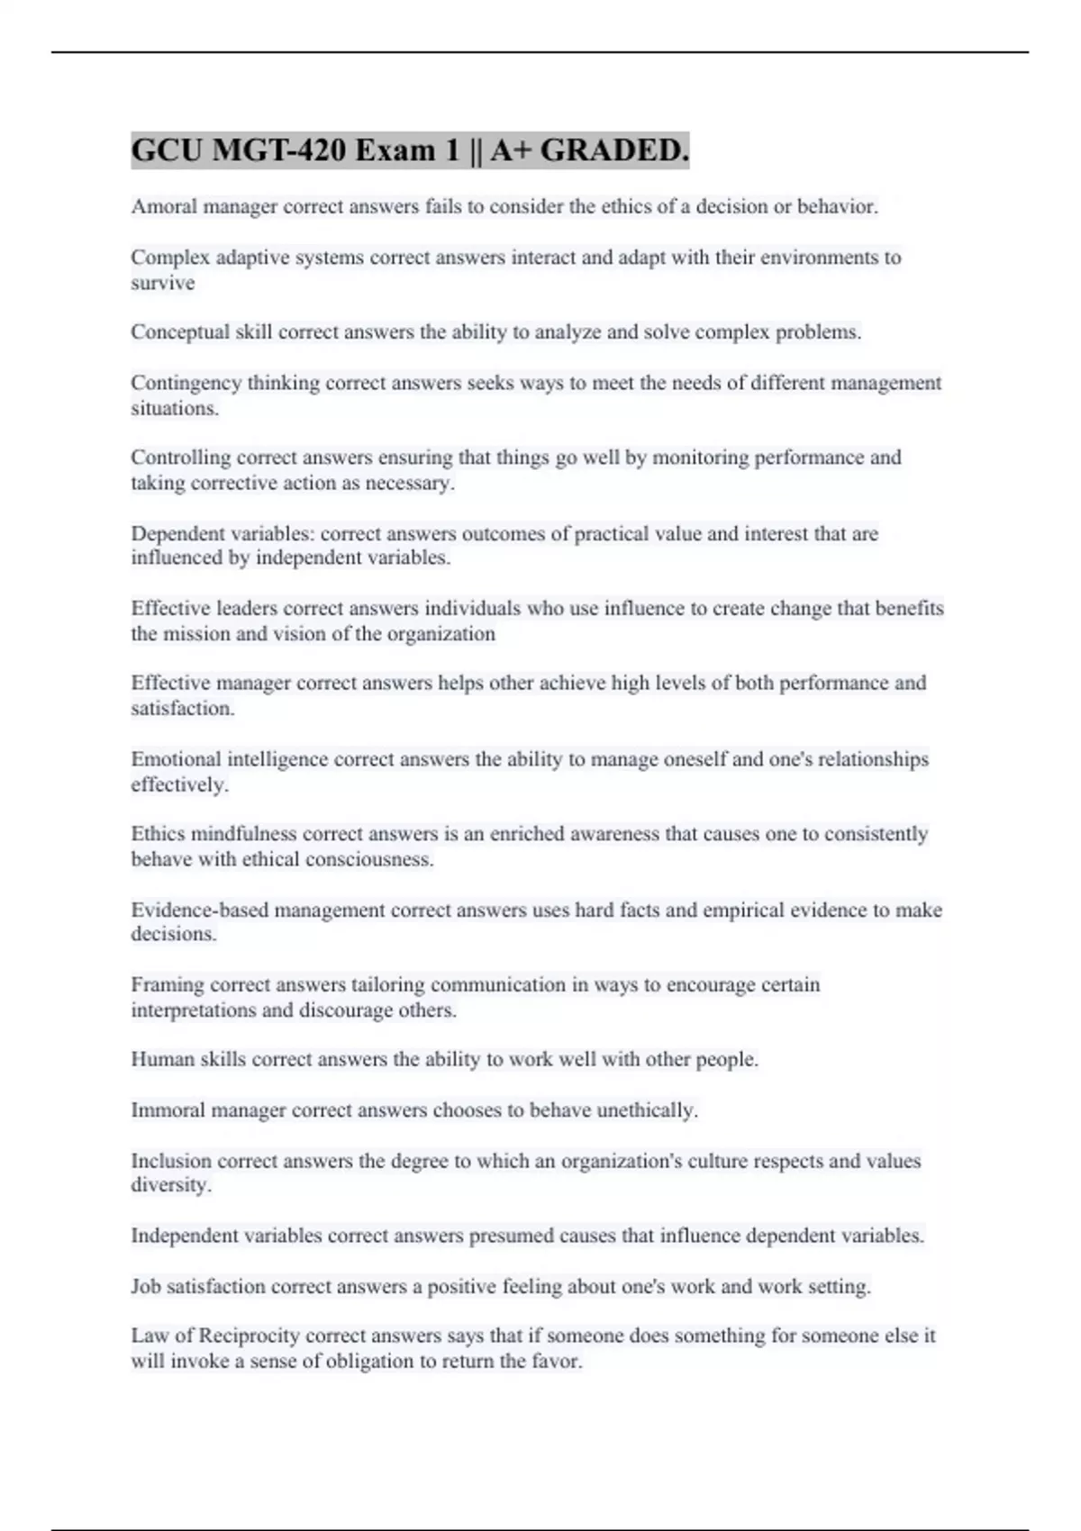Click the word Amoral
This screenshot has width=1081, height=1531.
click(x=164, y=206)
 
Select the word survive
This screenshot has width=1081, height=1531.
click(x=163, y=283)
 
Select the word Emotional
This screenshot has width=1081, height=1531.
click(x=176, y=759)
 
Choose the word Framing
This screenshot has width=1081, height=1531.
click(x=167, y=984)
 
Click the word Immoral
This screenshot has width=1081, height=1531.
click(x=168, y=1110)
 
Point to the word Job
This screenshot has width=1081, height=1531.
click(x=146, y=1286)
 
